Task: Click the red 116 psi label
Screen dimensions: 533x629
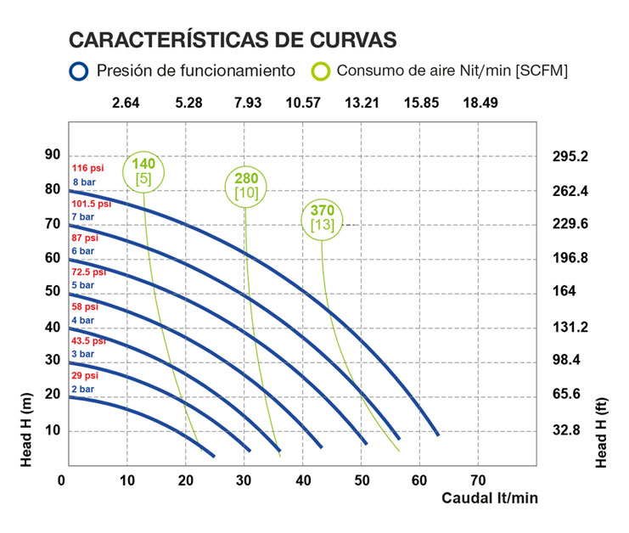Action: [87, 169]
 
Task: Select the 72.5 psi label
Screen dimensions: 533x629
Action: [89, 272]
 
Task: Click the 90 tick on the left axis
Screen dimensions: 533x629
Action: [53, 154]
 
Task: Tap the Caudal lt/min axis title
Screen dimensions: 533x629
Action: [489, 498]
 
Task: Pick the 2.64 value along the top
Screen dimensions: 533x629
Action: [126, 103]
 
